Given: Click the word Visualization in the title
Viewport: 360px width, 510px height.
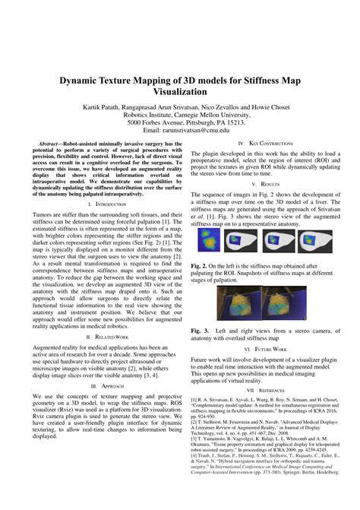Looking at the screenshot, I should click(x=181, y=90).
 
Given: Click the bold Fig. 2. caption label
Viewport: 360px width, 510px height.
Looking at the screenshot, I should click(x=201, y=265).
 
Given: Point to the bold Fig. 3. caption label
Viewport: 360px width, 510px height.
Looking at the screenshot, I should click(x=201, y=331).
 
